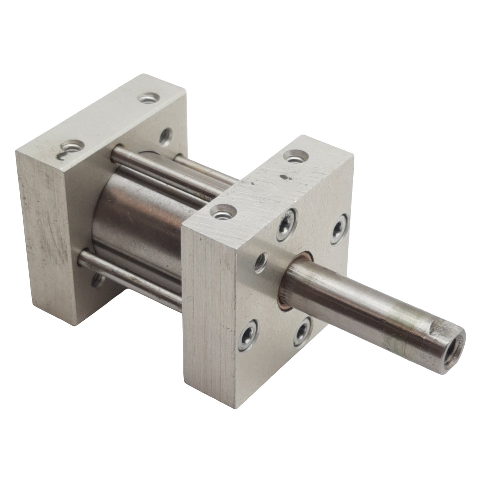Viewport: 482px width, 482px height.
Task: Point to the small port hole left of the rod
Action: pos(261,261)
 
